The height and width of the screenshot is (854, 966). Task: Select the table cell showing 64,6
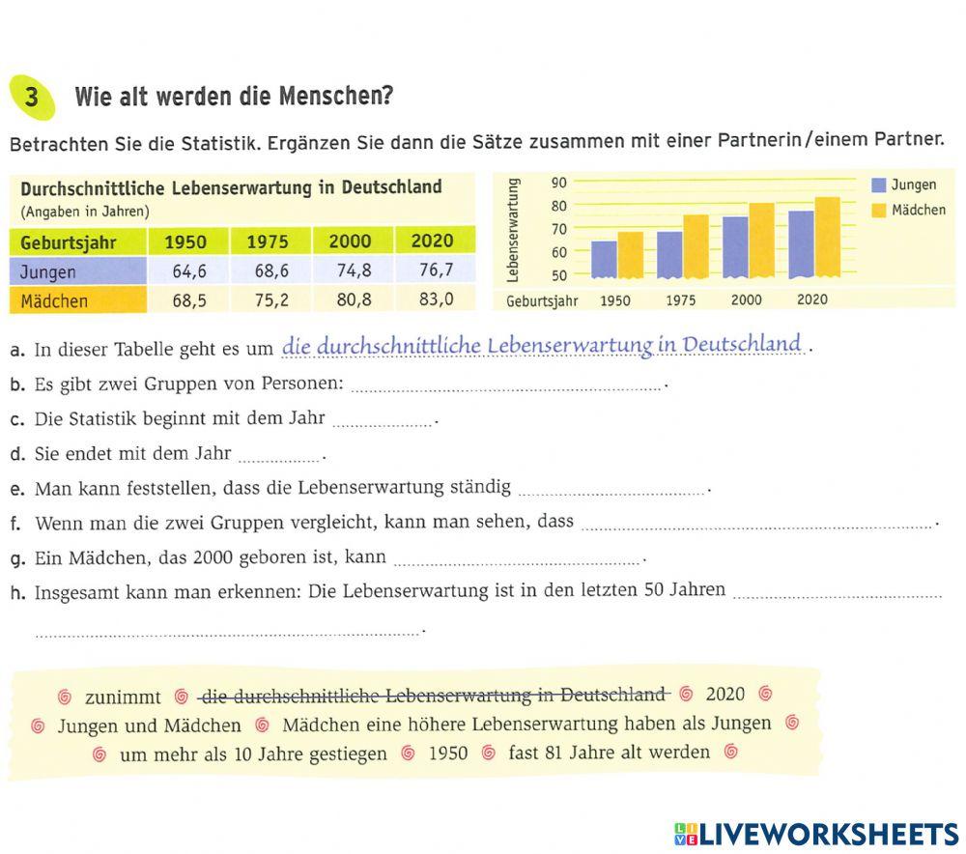click(x=189, y=271)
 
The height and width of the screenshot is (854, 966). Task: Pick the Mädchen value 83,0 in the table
click(x=436, y=299)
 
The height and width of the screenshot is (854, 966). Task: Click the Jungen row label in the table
click(x=48, y=271)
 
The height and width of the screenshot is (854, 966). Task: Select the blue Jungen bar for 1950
click(x=604, y=259)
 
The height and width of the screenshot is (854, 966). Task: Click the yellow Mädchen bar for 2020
click(x=827, y=238)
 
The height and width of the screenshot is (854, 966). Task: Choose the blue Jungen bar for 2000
click(x=735, y=247)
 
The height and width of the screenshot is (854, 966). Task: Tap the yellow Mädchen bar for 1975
click(x=696, y=246)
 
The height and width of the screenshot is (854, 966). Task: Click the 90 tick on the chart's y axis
click(x=558, y=183)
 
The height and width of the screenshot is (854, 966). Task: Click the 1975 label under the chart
click(x=680, y=300)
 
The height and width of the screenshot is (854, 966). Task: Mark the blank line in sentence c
click(x=384, y=422)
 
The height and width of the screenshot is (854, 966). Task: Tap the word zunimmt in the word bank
click(x=123, y=697)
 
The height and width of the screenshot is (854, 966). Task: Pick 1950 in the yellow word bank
click(x=447, y=754)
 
